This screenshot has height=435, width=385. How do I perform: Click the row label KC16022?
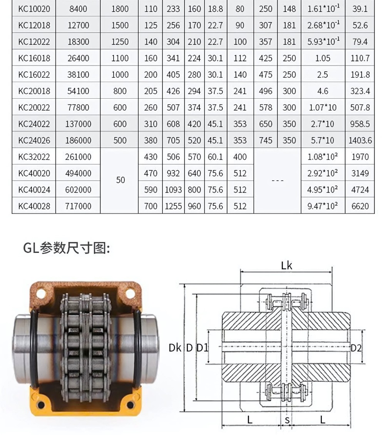[34, 75]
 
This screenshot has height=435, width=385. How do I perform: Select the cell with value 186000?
[78, 140]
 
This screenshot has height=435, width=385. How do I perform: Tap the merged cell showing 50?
[120, 180]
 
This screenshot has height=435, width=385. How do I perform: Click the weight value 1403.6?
[360, 140]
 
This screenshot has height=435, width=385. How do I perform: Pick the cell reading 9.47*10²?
[322, 206]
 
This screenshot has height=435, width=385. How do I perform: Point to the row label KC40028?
[34, 206]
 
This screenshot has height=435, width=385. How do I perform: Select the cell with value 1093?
[173, 190]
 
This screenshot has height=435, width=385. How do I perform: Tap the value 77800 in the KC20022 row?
[78, 107]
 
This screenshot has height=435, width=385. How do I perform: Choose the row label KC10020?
[34, 9]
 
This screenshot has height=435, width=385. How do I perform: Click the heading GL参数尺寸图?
[67, 248]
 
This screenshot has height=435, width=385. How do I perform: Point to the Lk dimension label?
[286, 265]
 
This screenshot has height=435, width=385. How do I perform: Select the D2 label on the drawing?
[356, 348]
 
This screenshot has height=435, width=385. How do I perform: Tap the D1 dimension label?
[202, 348]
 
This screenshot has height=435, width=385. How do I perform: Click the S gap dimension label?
[287, 420]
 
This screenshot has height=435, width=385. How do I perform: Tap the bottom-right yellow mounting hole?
[131, 405]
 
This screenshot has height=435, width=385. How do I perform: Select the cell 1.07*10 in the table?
[322, 107]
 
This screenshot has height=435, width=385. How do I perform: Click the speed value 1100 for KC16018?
[120, 58]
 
